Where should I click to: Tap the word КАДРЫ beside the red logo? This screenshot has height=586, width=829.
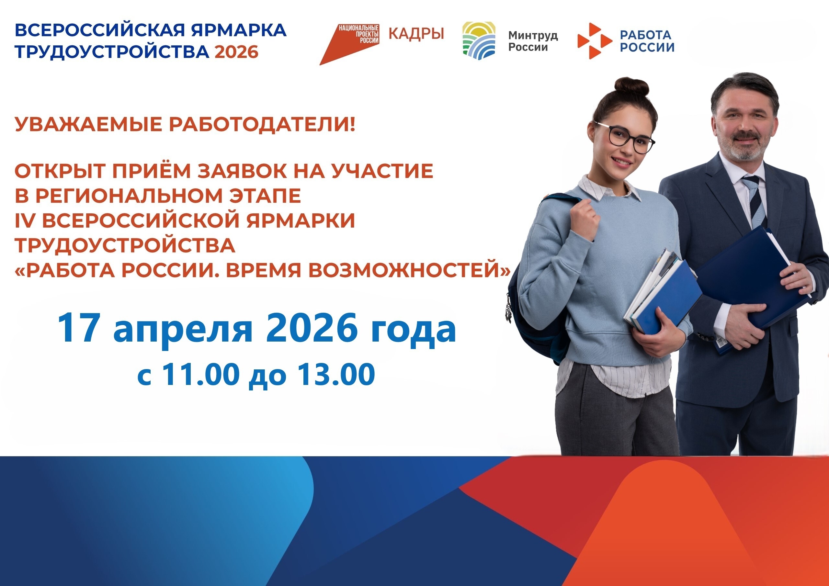click(416, 34)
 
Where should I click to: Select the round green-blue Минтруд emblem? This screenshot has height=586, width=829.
click(479, 40)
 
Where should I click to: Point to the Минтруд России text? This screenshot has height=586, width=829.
click(533, 41)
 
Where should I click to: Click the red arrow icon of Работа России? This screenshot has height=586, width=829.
click(594, 41)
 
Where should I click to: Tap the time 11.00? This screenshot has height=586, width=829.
click(201, 374)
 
